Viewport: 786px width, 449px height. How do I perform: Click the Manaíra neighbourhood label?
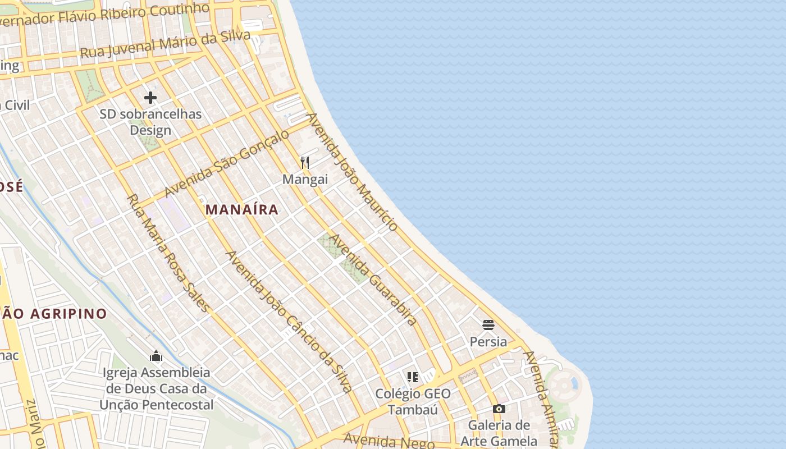click(241, 210)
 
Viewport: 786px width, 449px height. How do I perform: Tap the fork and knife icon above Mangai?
click(305, 163)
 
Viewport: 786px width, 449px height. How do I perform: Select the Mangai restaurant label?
click(305, 180)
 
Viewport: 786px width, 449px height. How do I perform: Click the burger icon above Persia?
click(488, 325)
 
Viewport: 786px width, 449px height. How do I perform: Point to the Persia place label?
click(488, 342)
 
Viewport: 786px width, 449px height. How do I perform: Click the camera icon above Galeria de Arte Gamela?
click(499, 409)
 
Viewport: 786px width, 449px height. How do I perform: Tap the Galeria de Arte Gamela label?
click(499, 433)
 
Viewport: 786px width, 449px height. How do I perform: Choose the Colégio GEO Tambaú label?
click(413, 402)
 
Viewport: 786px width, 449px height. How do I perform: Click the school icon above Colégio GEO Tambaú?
click(413, 377)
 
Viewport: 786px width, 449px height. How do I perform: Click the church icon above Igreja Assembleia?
click(156, 356)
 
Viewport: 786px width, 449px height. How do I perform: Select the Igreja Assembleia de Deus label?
click(157, 388)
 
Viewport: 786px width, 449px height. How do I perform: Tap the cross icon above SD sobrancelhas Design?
click(150, 98)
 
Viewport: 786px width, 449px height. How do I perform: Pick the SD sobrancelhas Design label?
click(150, 122)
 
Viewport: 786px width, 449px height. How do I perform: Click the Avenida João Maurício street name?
click(352, 172)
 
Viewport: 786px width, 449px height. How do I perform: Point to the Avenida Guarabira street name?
click(373, 280)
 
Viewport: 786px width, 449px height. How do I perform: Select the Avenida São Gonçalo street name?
click(227, 163)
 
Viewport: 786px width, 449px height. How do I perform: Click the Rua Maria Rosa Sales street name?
click(168, 253)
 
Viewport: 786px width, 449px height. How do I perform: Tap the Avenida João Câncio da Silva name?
click(289, 321)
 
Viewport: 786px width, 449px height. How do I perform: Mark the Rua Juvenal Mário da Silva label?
click(165, 44)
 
